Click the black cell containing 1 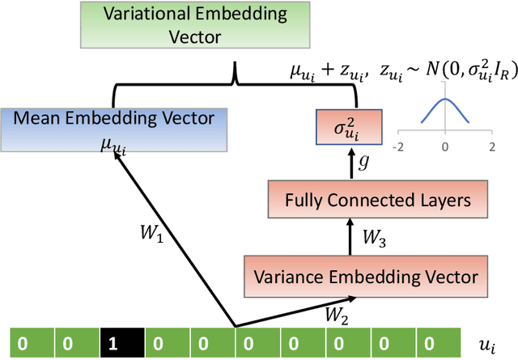tap(113, 343)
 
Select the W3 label tap(374, 238)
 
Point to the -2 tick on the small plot tap(398, 147)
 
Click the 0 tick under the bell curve tap(444, 147)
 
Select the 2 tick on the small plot tap(490, 147)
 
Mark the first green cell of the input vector tap(23, 343)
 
